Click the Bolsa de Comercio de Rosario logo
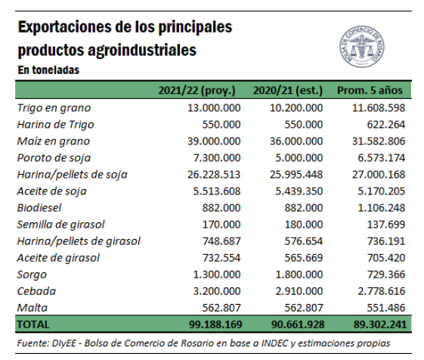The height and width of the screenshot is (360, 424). click(x=362, y=47)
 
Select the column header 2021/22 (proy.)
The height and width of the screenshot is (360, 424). click(x=197, y=91)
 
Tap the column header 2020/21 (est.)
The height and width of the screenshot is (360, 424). click(x=288, y=91)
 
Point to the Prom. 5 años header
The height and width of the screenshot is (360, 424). click(x=370, y=90)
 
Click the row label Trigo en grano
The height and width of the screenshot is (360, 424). click(x=54, y=108)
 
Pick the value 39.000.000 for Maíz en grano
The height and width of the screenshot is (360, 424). click(x=214, y=141)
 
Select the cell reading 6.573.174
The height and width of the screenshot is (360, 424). click(x=381, y=158)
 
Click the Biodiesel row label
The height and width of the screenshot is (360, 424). click(x=39, y=208)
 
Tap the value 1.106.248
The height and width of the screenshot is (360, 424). click(x=381, y=208)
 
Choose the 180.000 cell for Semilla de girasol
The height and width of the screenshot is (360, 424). click(x=303, y=225)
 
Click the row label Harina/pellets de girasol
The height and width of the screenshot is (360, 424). click(x=79, y=241)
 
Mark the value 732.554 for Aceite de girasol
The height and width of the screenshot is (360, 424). click(x=221, y=258)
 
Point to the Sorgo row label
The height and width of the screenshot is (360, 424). click(x=32, y=275)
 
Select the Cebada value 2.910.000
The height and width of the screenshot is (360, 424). click(x=299, y=291)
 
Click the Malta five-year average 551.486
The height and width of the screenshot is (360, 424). click(x=386, y=308)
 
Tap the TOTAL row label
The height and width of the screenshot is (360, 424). click(x=33, y=324)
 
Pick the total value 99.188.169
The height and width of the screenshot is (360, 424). click(x=215, y=324)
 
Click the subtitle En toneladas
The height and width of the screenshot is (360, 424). click(x=48, y=70)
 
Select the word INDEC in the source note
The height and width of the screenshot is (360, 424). click(x=274, y=343)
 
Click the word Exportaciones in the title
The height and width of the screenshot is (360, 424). click(x=65, y=27)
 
